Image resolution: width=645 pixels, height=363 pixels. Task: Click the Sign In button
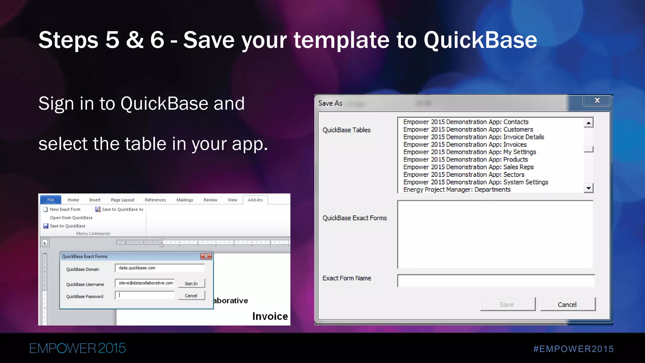(191, 284)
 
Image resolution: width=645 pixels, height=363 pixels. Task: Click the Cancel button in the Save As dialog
(568, 304)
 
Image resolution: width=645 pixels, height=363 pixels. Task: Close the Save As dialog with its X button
(597, 101)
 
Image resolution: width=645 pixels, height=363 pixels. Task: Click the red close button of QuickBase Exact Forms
(206, 256)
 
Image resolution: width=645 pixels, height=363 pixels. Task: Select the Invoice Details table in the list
(473, 137)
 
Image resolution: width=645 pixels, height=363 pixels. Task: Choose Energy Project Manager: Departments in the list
(457, 190)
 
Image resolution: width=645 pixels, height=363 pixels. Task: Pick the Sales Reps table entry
(468, 167)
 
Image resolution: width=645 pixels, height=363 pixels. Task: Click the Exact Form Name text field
(496, 281)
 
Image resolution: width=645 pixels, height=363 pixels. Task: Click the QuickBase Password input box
(145, 296)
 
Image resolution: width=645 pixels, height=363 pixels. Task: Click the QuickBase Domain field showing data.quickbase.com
(160, 268)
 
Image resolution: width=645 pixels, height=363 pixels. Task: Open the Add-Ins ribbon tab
(255, 200)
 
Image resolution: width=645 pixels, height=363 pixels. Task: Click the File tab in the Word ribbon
(51, 200)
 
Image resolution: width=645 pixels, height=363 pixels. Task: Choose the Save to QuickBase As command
(120, 210)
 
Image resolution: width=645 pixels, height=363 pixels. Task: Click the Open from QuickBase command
(71, 218)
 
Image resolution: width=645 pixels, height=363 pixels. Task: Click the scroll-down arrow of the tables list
(588, 188)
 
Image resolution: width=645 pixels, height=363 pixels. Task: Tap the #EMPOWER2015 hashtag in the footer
(573, 349)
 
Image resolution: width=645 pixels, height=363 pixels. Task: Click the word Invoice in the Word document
(270, 316)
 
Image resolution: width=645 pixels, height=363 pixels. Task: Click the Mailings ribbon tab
(185, 200)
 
